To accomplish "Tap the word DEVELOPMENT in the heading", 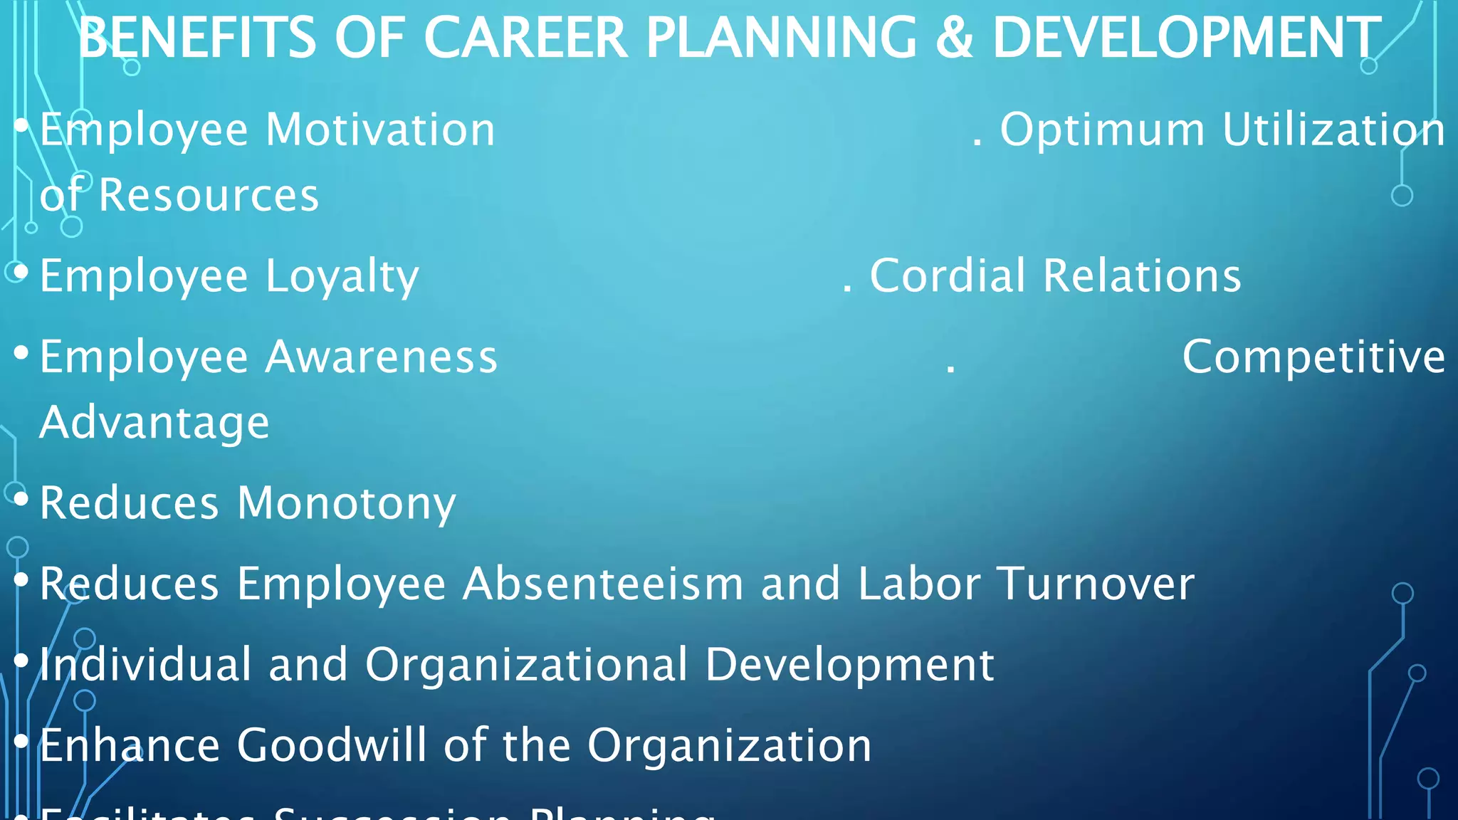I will (1187, 38).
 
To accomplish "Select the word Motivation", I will (380, 130).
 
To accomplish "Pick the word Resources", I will (209, 196).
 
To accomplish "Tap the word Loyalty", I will (342, 277).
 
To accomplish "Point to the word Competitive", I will (1313, 357).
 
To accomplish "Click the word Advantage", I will (154, 424).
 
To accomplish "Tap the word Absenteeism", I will (603, 584).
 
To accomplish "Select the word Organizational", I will (526, 665).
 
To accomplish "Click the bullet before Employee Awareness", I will (21, 352).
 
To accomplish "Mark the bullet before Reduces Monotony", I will (21, 499).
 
